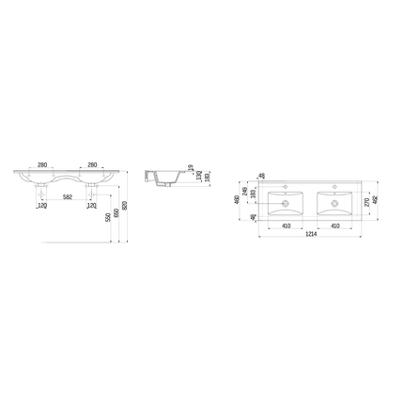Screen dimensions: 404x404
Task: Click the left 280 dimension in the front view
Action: coord(42,165)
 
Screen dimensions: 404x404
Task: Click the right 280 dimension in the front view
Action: coord(93,165)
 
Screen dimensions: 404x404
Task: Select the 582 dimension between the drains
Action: coord(68,196)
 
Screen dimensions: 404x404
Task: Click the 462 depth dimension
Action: coord(373,199)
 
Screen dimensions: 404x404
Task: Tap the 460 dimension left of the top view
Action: coord(238,199)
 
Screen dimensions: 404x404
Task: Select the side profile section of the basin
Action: coord(162,178)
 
